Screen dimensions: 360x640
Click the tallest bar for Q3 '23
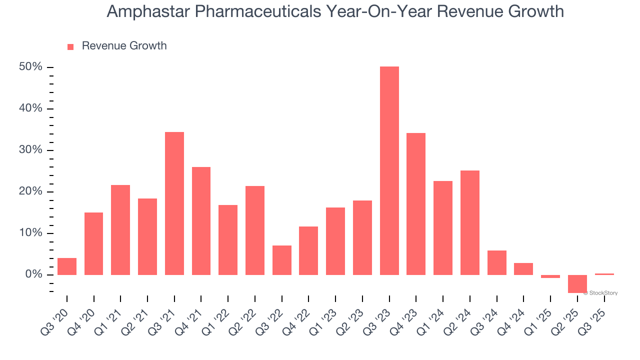(x=389, y=170)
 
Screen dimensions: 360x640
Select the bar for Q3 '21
(x=174, y=203)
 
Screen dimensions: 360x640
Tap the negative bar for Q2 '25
(x=577, y=283)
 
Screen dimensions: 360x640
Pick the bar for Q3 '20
(x=67, y=266)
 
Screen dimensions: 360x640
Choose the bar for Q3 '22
(x=282, y=260)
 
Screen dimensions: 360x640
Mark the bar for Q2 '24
(x=470, y=222)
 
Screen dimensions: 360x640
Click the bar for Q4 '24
(x=523, y=269)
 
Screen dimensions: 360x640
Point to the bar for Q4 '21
(x=201, y=220)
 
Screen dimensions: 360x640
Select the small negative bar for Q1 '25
(x=550, y=276)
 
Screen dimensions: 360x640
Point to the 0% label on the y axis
(x=35, y=274)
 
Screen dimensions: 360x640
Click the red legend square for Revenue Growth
(x=70, y=46)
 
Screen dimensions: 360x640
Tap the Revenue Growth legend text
(x=124, y=46)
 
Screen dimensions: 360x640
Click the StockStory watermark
(x=601, y=293)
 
